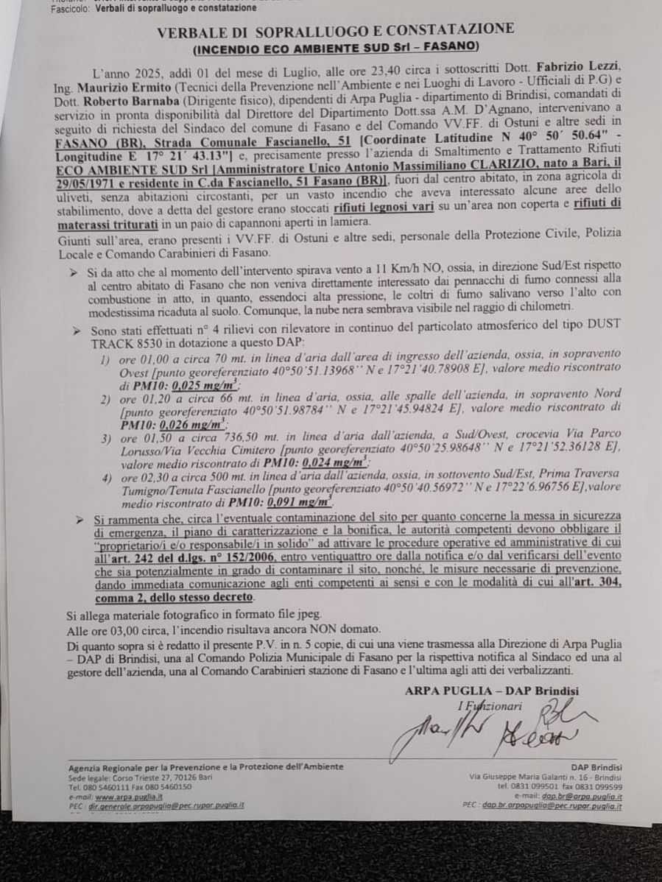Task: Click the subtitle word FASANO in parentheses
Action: pyautogui.click(x=451, y=48)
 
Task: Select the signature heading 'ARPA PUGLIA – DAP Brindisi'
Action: pyautogui.click(x=491, y=691)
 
